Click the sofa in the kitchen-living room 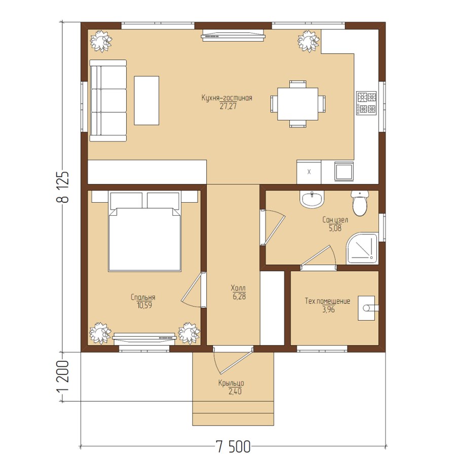pos(108,100)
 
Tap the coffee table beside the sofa pos(146,100)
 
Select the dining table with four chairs pos(298,104)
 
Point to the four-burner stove pos(367,103)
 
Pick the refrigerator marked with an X pos(309,172)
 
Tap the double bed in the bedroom pos(144,231)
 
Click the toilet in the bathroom pos(360,203)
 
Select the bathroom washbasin pos(312,199)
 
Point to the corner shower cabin pos(362,248)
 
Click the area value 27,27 pos(228,106)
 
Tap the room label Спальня pos(143,297)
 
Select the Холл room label pos(239,288)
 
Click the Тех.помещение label pos(328,301)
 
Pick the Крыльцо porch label pos(231,383)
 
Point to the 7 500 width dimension pos(233,446)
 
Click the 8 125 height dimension pos(63,187)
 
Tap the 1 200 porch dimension pos(63,376)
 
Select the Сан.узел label pos(335,220)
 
